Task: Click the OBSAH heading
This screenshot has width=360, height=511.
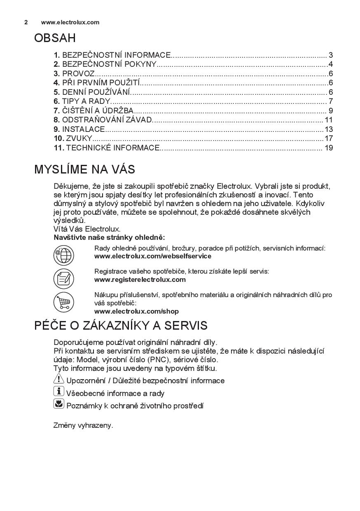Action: click(x=55, y=38)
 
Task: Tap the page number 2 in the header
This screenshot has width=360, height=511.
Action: click(x=26, y=22)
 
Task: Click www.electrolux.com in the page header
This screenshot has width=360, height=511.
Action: click(x=70, y=22)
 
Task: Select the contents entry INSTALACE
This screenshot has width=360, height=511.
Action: click(x=83, y=129)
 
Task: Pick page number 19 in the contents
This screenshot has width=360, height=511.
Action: click(x=328, y=148)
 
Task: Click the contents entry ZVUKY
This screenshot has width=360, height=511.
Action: click(x=79, y=138)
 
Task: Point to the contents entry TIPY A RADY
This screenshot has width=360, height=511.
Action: click(x=86, y=101)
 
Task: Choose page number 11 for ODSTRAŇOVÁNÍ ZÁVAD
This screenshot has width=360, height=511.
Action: click(x=328, y=120)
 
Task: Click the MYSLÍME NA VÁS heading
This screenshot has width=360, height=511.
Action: click(x=84, y=169)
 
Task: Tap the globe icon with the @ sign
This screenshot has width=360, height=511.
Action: click(x=63, y=255)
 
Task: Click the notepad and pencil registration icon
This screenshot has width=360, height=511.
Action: click(x=63, y=278)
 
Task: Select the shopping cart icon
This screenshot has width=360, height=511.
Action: click(x=63, y=302)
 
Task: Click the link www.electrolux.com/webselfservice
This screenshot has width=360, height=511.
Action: click(x=152, y=256)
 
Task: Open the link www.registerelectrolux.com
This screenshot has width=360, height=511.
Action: click(x=140, y=279)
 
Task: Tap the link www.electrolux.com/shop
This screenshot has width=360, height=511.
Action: click(x=136, y=311)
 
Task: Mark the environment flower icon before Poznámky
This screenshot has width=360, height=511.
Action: click(x=59, y=404)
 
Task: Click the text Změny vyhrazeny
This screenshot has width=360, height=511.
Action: click(x=83, y=425)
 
